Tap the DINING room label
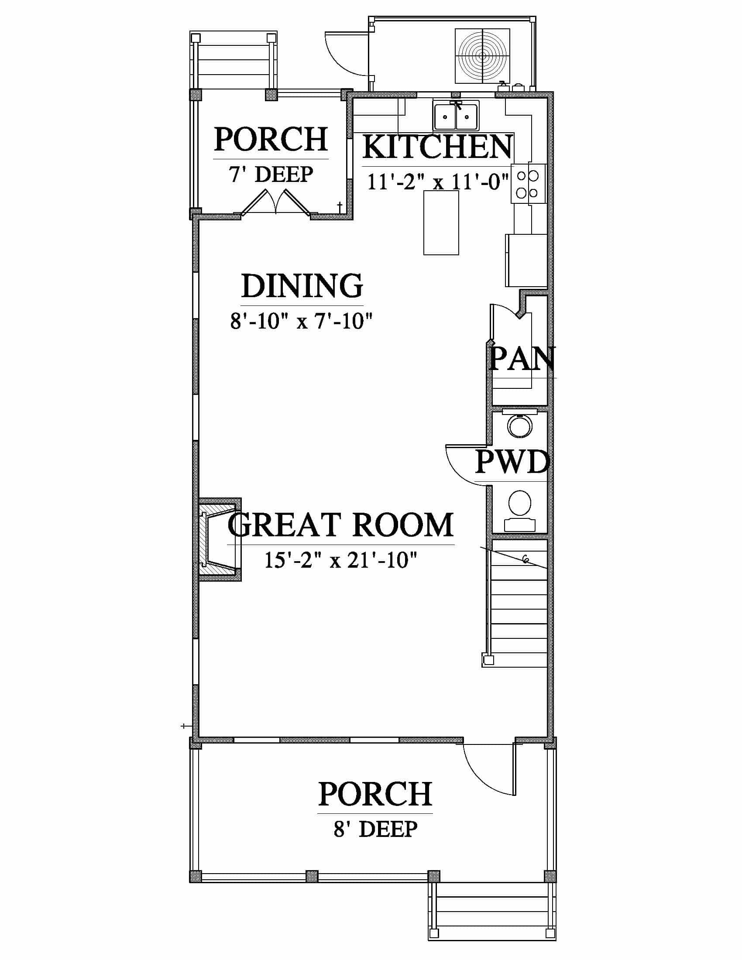tap(302, 286)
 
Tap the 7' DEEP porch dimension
tap(271, 175)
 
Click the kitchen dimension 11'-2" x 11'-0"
tap(438, 182)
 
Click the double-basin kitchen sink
tap(456, 116)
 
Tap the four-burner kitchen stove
tap(528, 183)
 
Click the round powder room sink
tap(519, 425)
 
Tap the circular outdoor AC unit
tap(482, 56)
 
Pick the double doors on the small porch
tap(275, 203)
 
